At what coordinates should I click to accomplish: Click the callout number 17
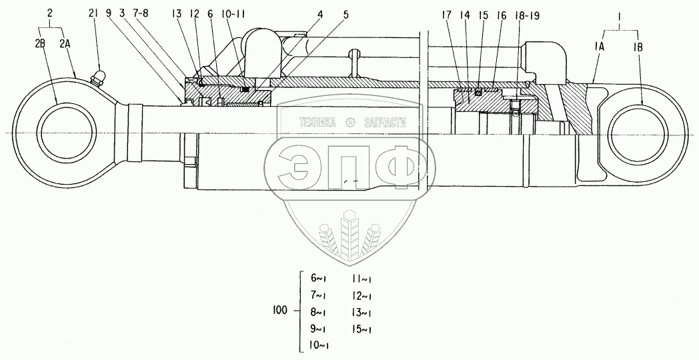tap(448, 13)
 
